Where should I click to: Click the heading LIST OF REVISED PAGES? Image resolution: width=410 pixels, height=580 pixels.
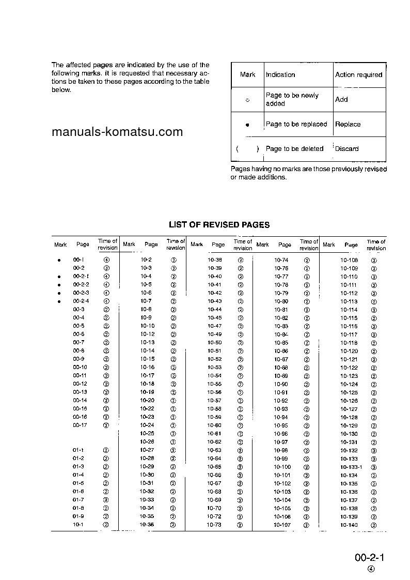click(219, 225)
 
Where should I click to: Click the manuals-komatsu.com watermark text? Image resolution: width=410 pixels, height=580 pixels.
click(117, 132)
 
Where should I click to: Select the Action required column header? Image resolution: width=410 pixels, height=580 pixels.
click(358, 75)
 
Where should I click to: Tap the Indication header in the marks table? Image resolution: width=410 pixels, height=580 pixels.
click(280, 75)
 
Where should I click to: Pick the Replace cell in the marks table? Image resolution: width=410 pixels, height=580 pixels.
click(348, 125)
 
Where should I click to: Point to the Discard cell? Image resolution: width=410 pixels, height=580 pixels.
click(346, 149)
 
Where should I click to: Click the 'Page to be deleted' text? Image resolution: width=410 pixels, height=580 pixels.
click(294, 149)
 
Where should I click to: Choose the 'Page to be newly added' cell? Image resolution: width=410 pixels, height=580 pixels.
click(292, 100)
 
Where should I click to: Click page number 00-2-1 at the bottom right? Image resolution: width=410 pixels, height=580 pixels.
click(370, 558)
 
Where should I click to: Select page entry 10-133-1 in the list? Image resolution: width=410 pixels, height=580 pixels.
click(351, 467)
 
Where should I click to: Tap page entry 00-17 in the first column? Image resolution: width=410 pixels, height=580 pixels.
click(80, 425)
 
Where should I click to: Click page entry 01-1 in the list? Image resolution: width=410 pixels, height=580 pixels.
click(78, 450)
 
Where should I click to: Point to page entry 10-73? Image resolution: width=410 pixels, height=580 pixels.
click(214, 525)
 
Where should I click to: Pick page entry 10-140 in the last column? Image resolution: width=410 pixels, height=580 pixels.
click(349, 525)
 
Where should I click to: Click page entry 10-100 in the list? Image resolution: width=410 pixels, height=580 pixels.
click(282, 467)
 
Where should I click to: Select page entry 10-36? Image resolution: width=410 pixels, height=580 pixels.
click(147, 525)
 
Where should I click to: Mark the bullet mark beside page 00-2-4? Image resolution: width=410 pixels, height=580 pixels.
click(59, 301)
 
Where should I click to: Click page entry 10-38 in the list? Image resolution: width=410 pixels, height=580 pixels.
click(215, 260)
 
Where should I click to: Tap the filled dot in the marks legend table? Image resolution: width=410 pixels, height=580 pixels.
click(247, 125)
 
